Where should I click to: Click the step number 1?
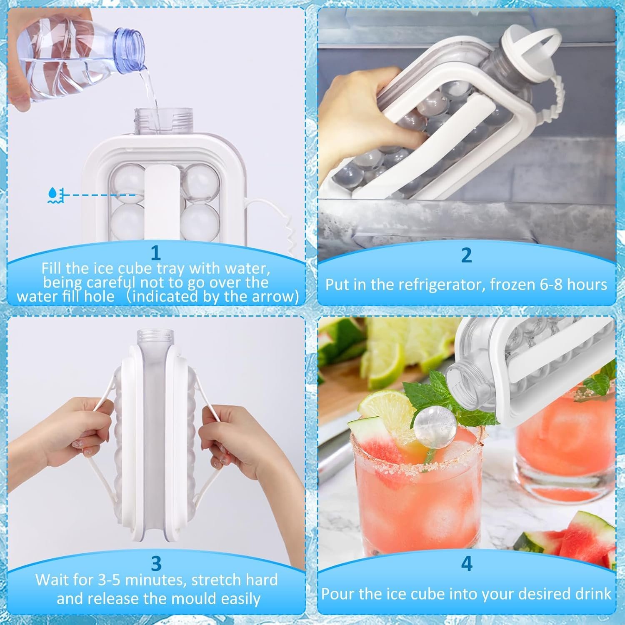pos(156,252)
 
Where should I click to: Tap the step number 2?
pos(467,255)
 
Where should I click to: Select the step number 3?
pos(156,563)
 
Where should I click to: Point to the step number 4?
pos(467,563)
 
